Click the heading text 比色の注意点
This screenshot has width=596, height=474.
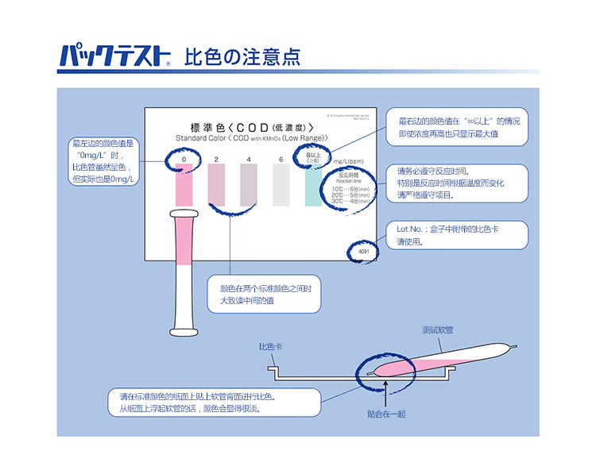(x=242, y=56)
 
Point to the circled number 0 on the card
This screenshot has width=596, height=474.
(x=184, y=160)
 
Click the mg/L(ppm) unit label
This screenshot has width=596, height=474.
(x=348, y=160)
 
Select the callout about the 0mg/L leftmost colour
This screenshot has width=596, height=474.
(x=103, y=161)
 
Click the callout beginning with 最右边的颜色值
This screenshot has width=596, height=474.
(x=455, y=127)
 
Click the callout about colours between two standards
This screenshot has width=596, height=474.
(x=264, y=295)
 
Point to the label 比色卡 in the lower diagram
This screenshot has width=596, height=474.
(x=271, y=347)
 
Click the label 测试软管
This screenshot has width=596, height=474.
(x=438, y=329)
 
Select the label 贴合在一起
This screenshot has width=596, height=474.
(x=386, y=414)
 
